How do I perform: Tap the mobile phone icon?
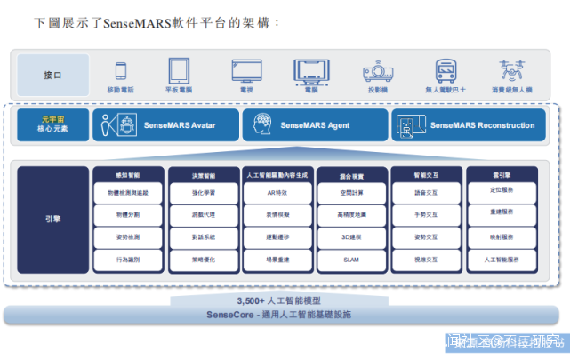121,71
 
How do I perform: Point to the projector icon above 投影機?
377,72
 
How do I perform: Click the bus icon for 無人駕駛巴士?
446,71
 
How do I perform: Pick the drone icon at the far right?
512,71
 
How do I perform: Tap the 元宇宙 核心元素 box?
53,125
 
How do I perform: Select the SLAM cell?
350,260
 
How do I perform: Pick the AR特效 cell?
277,192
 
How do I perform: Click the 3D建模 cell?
350,237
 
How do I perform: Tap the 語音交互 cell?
426,192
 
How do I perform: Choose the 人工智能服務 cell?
501,260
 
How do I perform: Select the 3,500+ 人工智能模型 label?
278,300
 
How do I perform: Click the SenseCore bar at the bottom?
278,315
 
